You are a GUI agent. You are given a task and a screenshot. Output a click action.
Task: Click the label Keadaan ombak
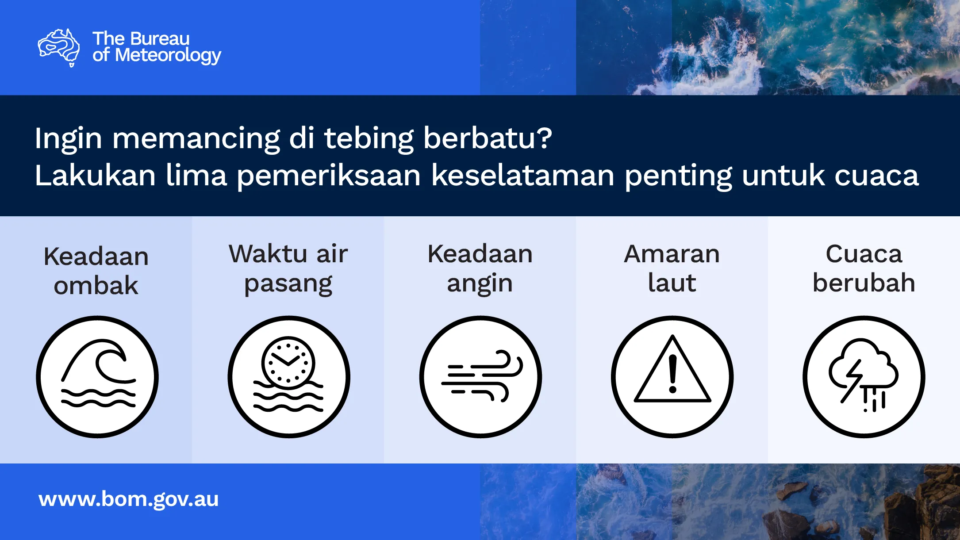[96, 271]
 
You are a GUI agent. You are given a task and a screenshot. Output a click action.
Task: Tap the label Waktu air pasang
[288, 269]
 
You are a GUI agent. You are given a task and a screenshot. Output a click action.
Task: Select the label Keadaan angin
[480, 269]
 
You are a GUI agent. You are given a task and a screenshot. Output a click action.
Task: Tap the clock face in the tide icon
[288, 363]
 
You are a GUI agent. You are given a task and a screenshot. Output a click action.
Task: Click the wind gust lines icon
[482, 376]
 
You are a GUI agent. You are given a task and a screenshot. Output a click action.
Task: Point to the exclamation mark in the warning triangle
[673, 374]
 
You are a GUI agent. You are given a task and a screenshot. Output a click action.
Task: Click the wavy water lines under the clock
[288, 396]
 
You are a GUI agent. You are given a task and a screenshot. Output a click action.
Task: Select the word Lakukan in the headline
[95, 175]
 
